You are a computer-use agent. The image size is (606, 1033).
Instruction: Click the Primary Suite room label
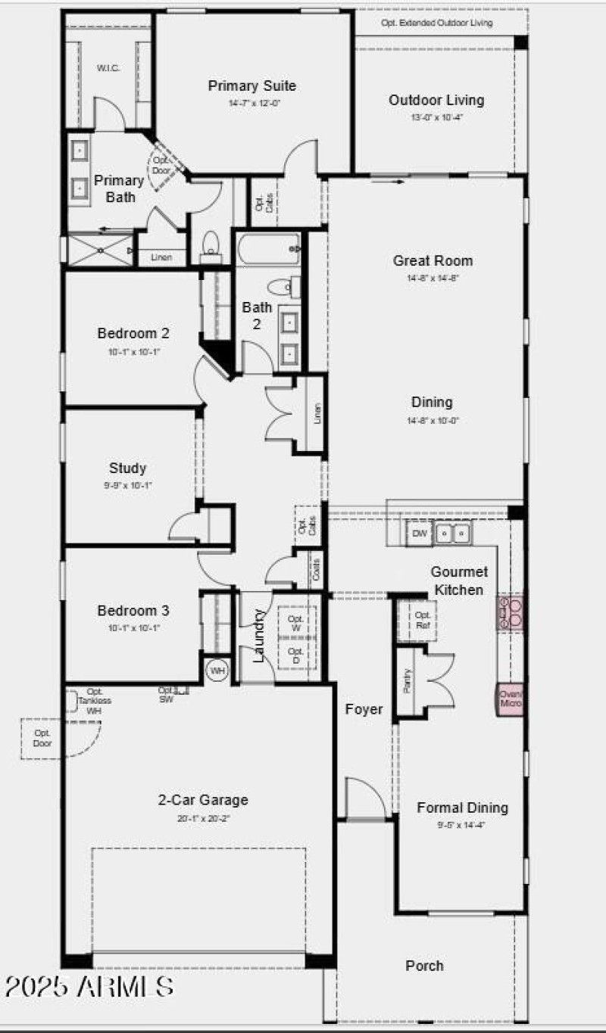251,86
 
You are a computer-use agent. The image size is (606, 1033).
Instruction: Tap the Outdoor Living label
436,100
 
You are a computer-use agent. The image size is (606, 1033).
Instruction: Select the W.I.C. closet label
108,68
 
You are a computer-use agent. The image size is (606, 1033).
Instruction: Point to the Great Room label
433,260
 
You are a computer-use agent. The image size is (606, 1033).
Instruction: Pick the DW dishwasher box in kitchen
419,534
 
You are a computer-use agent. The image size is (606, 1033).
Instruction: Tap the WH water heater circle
217,671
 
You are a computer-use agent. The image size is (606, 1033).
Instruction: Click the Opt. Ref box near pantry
423,621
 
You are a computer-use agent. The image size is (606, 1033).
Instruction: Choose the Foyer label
364,709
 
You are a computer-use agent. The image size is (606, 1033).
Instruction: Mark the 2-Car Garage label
202,800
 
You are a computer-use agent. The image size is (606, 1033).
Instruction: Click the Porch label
424,966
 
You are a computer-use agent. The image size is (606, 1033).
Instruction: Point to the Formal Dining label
462,807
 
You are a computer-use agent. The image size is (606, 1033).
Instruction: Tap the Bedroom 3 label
133,610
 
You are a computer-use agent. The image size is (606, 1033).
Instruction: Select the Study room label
127,468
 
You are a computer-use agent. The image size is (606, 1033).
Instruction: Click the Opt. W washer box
296,624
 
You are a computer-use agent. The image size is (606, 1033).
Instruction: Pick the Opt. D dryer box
296,655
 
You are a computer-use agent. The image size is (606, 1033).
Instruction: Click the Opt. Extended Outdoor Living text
436,23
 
